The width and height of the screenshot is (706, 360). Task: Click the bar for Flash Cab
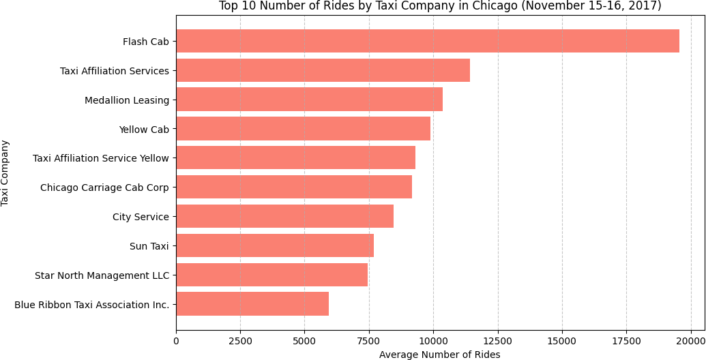(x=428, y=41)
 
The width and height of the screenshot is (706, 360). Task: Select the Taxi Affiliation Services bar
(x=323, y=70)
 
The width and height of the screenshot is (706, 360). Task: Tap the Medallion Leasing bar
(x=309, y=100)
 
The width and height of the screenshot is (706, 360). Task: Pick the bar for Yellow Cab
(x=303, y=129)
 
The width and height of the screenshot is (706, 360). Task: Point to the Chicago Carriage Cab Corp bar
(x=294, y=187)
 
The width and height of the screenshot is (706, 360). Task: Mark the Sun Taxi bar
(x=275, y=245)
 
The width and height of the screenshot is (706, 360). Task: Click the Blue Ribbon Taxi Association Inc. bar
(x=252, y=304)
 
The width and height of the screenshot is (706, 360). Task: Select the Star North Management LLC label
(x=102, y=275)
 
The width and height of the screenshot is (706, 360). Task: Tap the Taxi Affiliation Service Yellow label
(x=101, y=158)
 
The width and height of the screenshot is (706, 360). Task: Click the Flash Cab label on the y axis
(x=146, y=42)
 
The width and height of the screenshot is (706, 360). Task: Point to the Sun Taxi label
(x=149, y=246)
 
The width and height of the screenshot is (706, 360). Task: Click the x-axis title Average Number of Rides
(x=439, y=355)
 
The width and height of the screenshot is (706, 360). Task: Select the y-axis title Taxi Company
(x=5, y=172)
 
